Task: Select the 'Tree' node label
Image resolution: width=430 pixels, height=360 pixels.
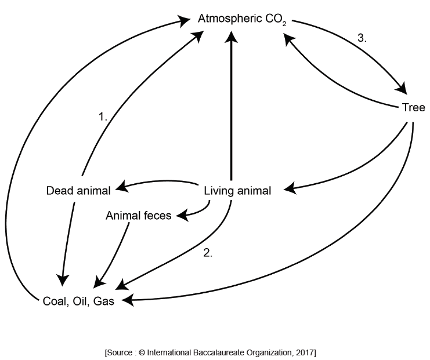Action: pos(413,108)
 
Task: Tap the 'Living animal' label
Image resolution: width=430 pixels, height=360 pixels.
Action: pos(238,190)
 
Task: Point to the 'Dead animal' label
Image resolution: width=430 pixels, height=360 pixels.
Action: pos(77,190)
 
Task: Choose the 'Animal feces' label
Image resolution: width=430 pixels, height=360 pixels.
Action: pos(139,216)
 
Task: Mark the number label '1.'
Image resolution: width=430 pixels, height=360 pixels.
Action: pos(103,117)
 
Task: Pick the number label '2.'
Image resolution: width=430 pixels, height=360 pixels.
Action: pos(208,253)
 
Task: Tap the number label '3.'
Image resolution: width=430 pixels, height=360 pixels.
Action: pos(362,38)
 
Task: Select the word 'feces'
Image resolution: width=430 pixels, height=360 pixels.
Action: pos(158,216)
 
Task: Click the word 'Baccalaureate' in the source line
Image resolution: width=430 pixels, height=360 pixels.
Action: pos(215,352)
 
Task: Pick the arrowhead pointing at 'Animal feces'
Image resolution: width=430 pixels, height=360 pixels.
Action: pos(182,216)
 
